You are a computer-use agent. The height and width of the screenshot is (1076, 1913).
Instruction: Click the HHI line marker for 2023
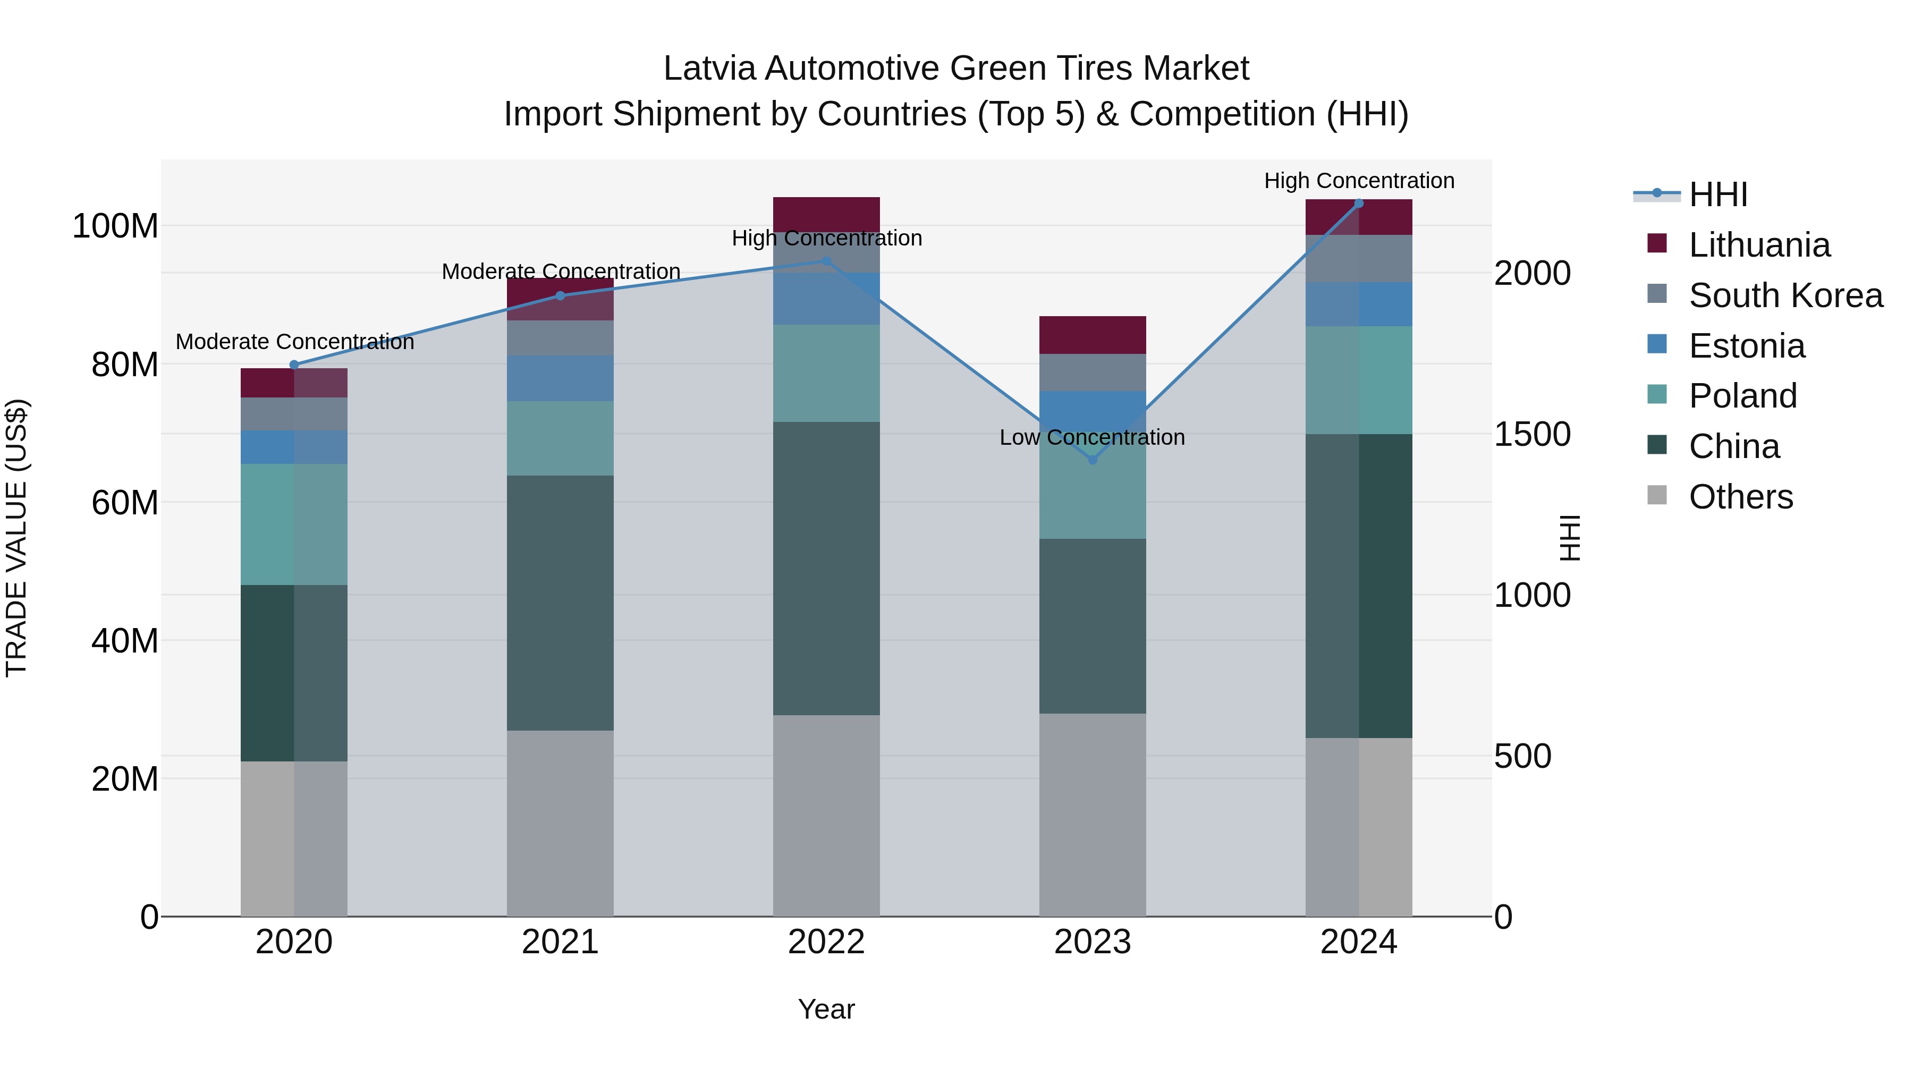pyautogui.click(x=1093, y=460)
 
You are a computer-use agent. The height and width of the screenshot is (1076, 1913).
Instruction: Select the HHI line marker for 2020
pyautogui.click(x=294, y=365)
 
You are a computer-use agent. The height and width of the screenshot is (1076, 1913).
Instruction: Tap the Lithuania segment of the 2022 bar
pyautogui.click(x=826, y=214)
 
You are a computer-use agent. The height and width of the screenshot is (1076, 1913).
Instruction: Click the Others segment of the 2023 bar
pyautogui.click(x=1093, y=815)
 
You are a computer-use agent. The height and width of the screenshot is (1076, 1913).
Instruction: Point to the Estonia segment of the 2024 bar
pyautogui.click(x=1359, y=304)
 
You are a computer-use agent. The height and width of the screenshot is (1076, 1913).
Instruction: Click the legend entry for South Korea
pyautogui.click(x=1785, y=295)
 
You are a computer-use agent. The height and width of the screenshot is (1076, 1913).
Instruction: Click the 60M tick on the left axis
pyautogui.click(x=125, y=503)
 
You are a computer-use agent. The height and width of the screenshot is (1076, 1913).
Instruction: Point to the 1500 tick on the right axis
pyautogui.click(x=1532, y=435)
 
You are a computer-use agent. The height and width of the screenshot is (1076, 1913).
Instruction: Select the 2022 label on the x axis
pyautogui.click(x=826, y=942)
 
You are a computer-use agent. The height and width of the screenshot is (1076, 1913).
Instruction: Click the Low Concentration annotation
pyautogui.click(x=1093, y=437)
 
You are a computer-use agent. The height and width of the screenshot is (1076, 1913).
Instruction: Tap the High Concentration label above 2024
pyautogui.click(x=1359, y=181)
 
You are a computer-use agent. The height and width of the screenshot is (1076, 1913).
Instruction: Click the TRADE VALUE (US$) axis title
pyautogui.click(x=16, y=538)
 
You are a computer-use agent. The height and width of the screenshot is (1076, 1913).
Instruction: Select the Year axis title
pyautogui.click(x=826, y=1009)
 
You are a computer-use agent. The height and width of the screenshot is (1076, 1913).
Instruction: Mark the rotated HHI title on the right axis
pyautogui.click(x=1569, y=538)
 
